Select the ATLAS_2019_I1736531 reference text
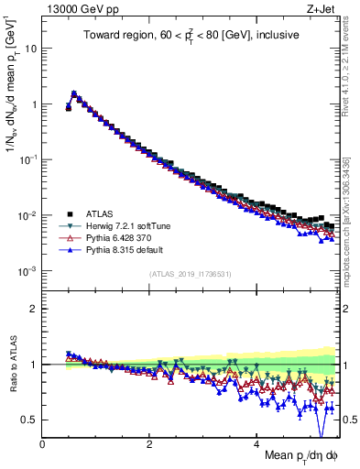191,274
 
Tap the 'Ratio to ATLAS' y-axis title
13,364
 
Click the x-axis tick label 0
42,443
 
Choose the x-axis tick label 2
149,443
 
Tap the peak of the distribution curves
74,93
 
